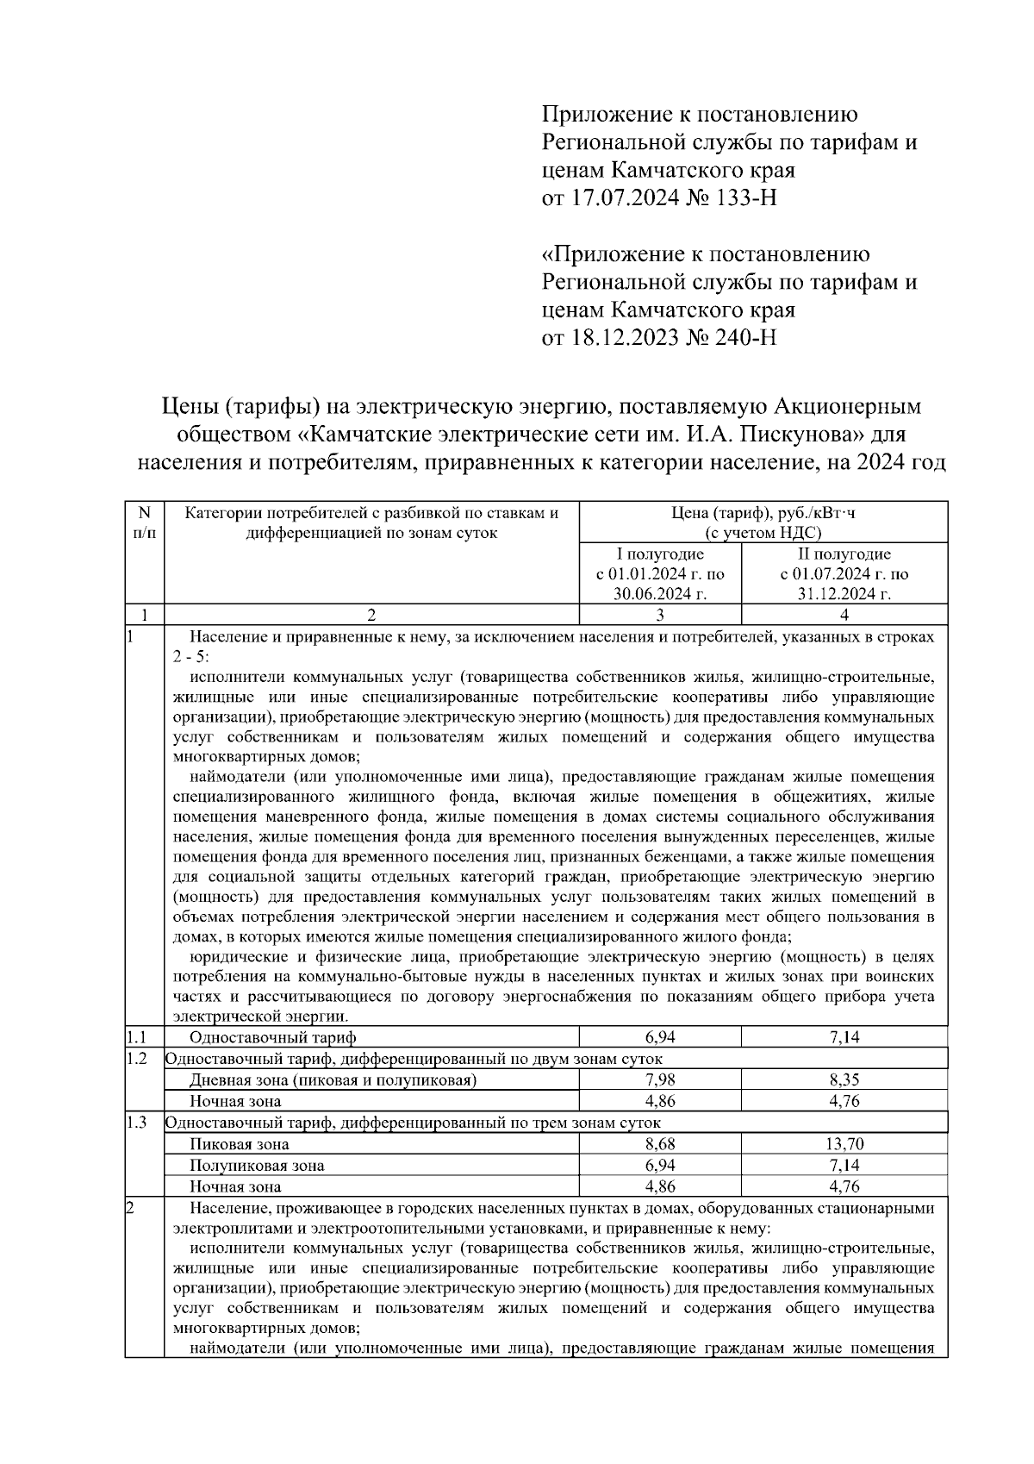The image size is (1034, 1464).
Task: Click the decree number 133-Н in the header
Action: [x=744, y=198]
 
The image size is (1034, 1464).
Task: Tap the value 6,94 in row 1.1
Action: [x=659, y=1037]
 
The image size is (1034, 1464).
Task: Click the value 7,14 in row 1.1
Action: [x=844, y=1037]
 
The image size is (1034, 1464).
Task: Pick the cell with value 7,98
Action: [x=659, y=1079]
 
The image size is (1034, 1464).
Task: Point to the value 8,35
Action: [x=844, y=1079]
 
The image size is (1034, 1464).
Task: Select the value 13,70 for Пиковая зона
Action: [x=844, y=1144]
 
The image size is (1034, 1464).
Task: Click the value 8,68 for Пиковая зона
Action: [x=659, y=1144]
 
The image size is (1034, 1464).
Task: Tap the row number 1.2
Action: [x=137, y=1059]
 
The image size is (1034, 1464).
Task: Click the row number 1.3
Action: [x=137, y=1123]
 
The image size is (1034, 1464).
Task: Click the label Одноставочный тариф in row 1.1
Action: [x=272, y=1037]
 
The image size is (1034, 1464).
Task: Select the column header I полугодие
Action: [x=660, y=554]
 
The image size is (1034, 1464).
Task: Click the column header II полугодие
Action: [x=844, y=554]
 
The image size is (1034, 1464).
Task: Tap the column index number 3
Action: [x=659, y=615]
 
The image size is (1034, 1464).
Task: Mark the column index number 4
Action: [x=844, y=615]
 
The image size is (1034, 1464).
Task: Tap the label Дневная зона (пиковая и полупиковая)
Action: [x=333, y=1079]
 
